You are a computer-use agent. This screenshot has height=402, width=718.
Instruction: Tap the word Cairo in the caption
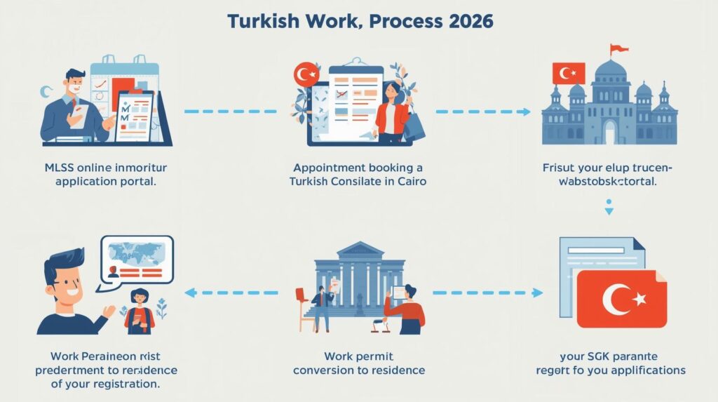(x=410, y=181)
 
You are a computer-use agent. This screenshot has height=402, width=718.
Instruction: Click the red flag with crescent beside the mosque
(x=569, y=73)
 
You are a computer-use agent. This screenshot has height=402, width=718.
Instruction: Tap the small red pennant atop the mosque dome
(x=618, y=49)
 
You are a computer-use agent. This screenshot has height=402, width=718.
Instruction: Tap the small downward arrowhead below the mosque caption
(x=609, y=210)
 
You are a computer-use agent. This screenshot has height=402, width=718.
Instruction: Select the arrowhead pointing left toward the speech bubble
(x=190, y=293)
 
